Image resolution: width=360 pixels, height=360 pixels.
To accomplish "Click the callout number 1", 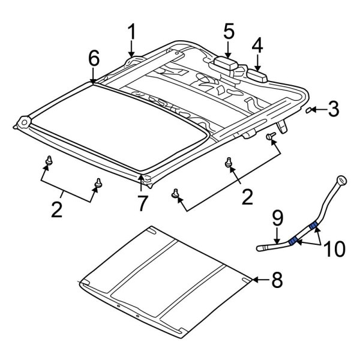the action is [132, 32].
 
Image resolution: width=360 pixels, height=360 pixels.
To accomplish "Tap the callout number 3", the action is [334, 109].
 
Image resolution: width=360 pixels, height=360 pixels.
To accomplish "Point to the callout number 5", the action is [229, 31].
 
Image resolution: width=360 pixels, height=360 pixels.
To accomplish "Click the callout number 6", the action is [94, 58].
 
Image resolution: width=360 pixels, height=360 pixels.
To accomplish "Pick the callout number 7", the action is [143, 203].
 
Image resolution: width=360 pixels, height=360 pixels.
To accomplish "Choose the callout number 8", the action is [277, 280].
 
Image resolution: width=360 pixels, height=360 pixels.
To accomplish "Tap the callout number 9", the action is [277, 218].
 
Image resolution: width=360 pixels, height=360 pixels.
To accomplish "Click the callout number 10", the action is [334, 248].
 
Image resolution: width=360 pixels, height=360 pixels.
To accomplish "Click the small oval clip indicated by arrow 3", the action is [308, 110].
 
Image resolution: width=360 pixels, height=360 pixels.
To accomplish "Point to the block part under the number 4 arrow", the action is [257, 76].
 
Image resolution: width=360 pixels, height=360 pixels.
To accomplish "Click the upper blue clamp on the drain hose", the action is [313, 226].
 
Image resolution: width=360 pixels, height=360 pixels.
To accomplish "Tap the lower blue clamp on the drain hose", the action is [293, 241].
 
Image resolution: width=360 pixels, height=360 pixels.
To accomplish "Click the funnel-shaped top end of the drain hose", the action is [341, 180].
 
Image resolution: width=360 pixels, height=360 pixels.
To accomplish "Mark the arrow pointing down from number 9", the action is [277, 236].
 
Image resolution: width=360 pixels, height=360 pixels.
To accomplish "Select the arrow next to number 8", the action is [261, 280].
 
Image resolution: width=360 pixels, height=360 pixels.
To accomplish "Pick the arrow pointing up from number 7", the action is [141, 183].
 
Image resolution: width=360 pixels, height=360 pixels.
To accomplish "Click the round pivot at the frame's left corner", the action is [24, 122].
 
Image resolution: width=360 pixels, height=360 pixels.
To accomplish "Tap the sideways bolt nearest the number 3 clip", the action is [271, 136].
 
